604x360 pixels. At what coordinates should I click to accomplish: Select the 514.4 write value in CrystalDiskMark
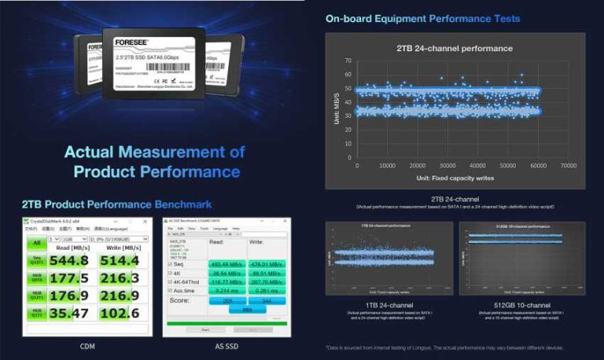(119, 260)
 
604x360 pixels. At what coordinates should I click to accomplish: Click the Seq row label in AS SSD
(179, 264)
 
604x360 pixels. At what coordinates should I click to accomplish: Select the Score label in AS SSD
(180, 300)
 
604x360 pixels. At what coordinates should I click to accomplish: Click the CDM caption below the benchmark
(87, 346)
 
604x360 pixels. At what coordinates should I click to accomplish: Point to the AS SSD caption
(226, 346)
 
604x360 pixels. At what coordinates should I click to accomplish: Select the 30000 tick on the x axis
(447, 166)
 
